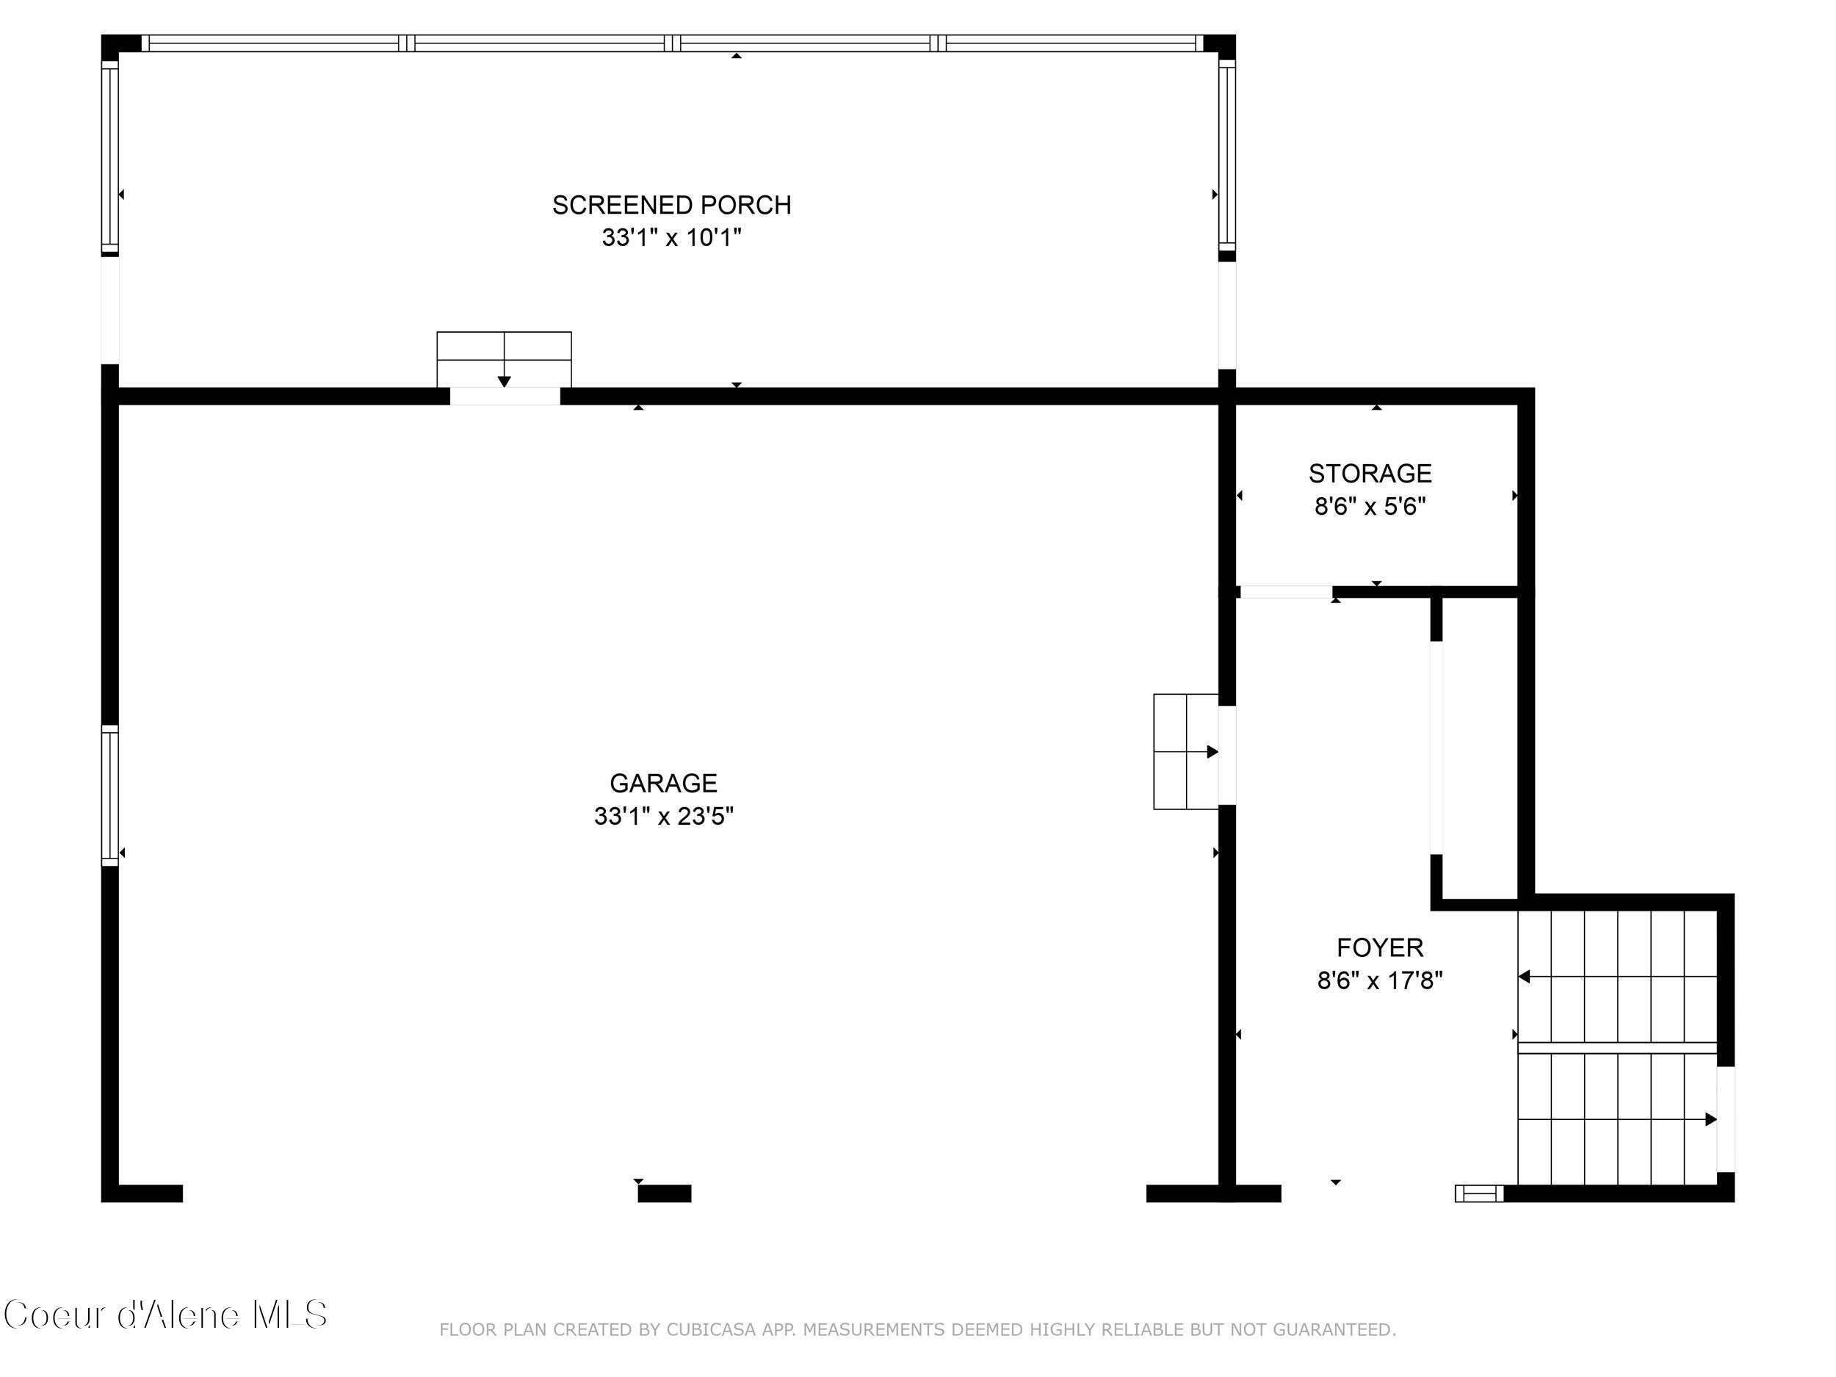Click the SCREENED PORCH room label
[671, 205]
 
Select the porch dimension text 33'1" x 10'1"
[671, 238]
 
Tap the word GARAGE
[662, 783]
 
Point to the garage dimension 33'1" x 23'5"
[662, 817]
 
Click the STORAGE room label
[1370, 473]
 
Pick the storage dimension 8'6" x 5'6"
[1370, 506]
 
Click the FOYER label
[1379, 947]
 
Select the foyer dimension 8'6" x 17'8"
[1379, 981]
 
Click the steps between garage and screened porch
[504, 358]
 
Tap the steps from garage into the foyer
[1185, 751]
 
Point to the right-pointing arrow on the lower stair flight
[1710, 1120]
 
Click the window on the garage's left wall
[109, 795]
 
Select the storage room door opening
[1286, 592]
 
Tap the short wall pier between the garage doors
[664, 1193]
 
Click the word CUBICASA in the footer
[712, 1330]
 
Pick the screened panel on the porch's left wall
[109, 158]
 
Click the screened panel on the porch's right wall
[1226, 158]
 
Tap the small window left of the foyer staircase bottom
[1478, 1193]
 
